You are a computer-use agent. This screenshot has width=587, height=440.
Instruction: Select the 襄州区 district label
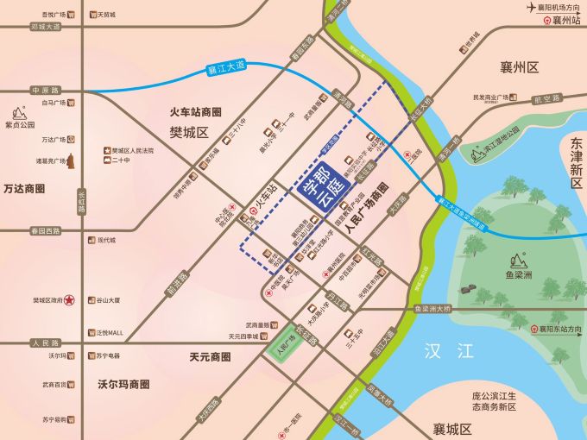coord(519,66)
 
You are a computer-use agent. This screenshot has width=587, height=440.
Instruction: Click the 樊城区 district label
coord(189,132)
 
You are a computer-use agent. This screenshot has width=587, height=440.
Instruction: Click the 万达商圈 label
coord(23,188)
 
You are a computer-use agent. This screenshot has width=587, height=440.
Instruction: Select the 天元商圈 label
coord(210,356)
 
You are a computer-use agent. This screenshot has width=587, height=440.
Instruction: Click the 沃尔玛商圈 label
coord(123,384)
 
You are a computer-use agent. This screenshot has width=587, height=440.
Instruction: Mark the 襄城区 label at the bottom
coord(451,429)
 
